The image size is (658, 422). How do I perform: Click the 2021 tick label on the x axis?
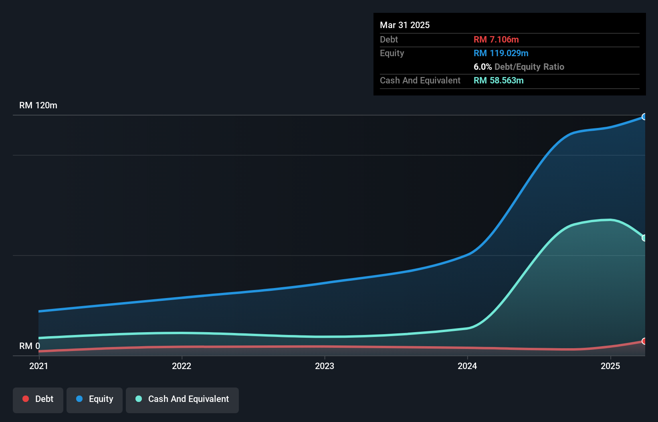pyautogui.click(x=38, y=366)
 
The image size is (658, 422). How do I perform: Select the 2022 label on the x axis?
pyautogui.click(x=182, y=366)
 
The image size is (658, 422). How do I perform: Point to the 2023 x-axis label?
pyautogui.click(x=325, y=366)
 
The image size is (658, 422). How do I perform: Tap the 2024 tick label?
pyautogui.click(x=467, y=366)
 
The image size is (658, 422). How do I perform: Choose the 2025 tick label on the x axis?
pyautogui.click(x=610, y=366)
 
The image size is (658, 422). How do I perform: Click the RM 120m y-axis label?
pyautogui.click(x=38, y=105)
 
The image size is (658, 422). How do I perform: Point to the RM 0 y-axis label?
pyautogui.click(x=30, y=346)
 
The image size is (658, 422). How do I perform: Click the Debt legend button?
pyautogui.click(x=38, y=399)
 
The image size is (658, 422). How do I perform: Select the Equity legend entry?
pyautogui.click(x=95, y=399)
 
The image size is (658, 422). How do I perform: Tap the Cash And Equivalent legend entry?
pyautogui.click(x=182, y=399)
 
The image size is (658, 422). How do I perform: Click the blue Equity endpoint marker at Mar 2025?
pyautogui.click(x=644, y=117)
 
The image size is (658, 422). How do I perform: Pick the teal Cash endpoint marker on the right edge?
pyautogui.click(x=644, y=238)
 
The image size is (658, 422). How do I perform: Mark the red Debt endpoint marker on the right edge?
pyautogui.click(x=644, y=341)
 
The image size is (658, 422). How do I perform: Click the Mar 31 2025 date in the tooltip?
pyautogui.click(x=405, y=25)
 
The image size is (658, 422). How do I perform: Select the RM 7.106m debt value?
pyautogui.click(x=496, y=39)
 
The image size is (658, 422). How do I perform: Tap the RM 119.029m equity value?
pyautogui.click(x=501, y=53)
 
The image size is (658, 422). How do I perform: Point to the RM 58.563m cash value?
pyautogui.click(x=499, y=80)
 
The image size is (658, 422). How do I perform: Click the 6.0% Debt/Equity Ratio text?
pyautogui.click(x=519, y=67)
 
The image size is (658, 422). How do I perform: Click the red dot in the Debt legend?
pyautogui.click(x=26, y=399)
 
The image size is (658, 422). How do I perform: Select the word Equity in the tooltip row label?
pyautogui.click(x=392, y=53)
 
